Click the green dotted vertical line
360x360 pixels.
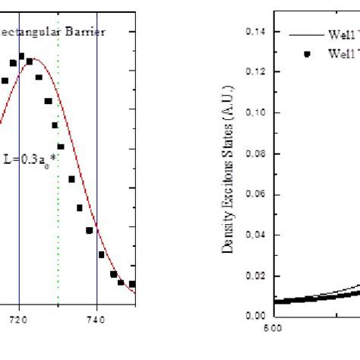point(58,190)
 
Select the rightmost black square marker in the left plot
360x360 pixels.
point(132,284)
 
